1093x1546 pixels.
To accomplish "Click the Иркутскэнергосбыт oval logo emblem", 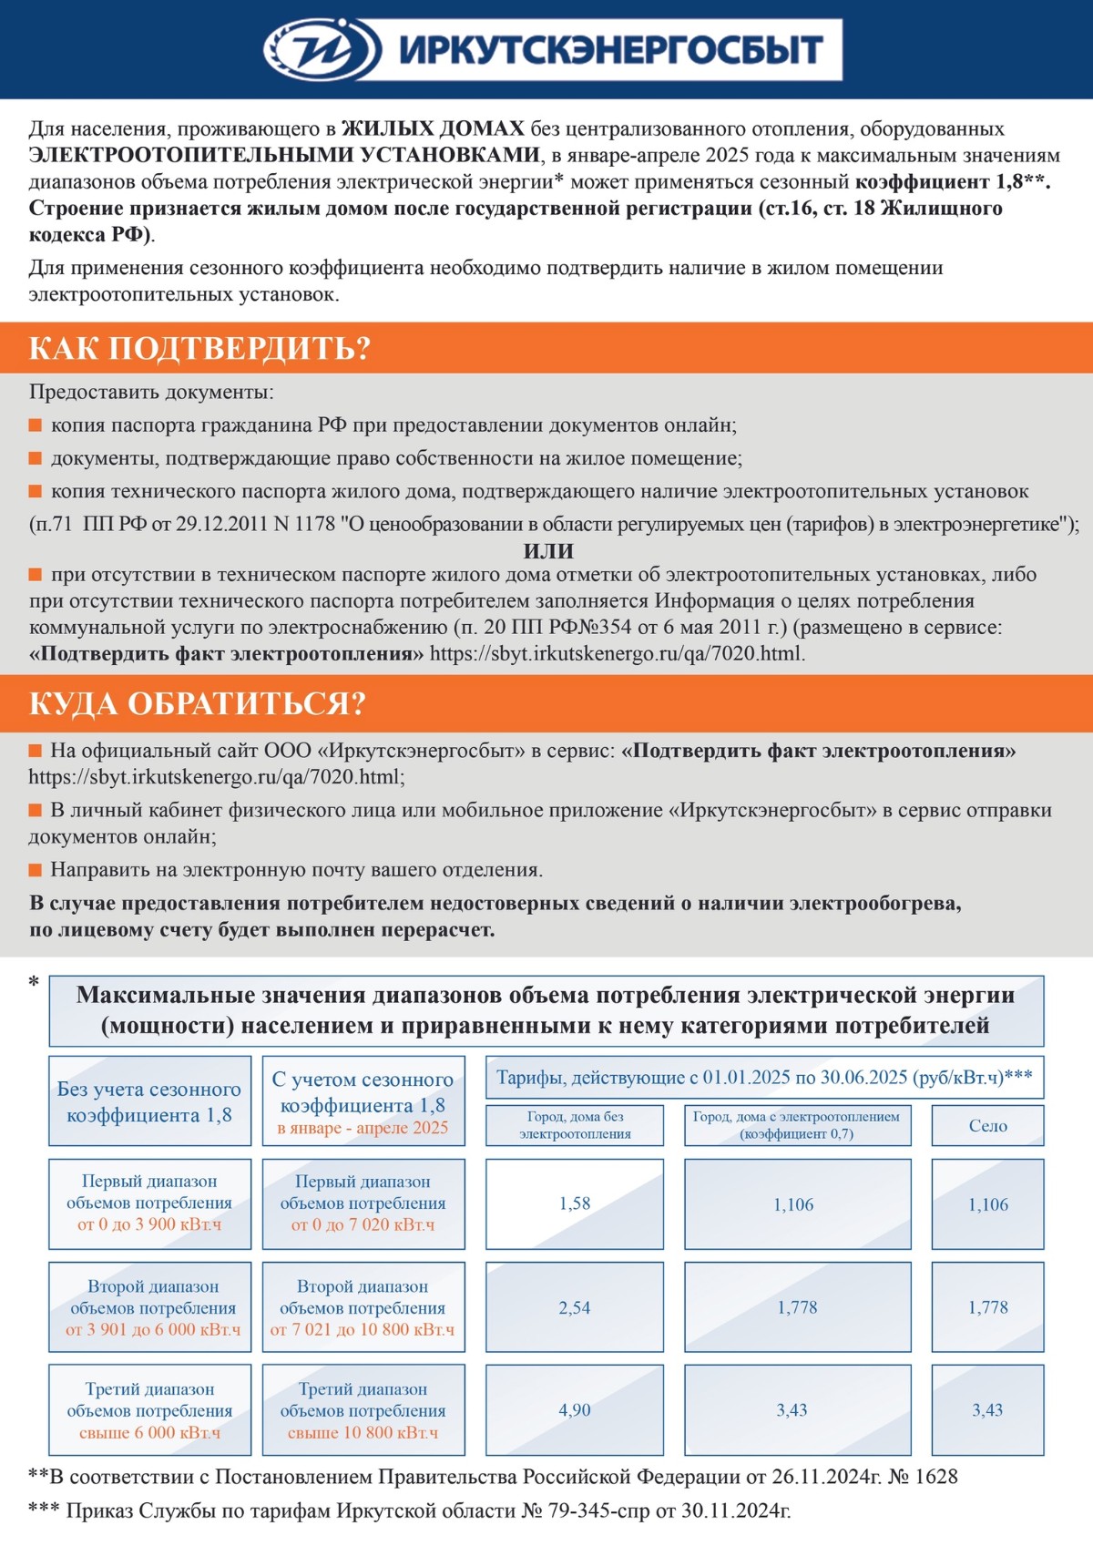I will click(x=322, y=49).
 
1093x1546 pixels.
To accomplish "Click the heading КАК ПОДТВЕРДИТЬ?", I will click(x=199, y=349).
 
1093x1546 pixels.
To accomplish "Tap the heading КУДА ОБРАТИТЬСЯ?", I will click(x=197, y=703).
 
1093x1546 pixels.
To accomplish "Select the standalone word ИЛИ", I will click(x=548, y=551).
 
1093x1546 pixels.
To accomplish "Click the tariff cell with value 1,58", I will click(x=575, y=1203).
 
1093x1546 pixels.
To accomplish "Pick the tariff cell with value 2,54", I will click(x=575, y=1307).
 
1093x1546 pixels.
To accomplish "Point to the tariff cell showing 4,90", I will click(x=575, y=1409).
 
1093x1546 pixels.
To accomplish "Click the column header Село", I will click(x=987, y=1126).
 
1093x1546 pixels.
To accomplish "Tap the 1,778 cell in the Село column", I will click(x=987, y=1307).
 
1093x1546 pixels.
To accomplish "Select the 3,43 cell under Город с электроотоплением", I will click(x=792, y=1409).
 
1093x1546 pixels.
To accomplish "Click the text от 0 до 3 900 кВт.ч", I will click(x=149, y=1224).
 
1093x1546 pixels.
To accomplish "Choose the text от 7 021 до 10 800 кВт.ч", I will click(x=363, y=1329).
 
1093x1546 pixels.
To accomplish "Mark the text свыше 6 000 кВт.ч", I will click(x=149, y=1432).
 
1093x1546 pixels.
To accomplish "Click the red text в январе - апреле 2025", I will click(x=363, y=1128).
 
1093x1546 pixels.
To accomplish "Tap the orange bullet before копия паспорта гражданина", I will click(x=36, y=425).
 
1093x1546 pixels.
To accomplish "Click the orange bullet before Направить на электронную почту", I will click(x=36, y=870).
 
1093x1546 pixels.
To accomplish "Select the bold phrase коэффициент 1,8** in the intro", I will click(x=952, y=181).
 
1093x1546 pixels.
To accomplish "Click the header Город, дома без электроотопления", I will click(x=575, y=1125).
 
